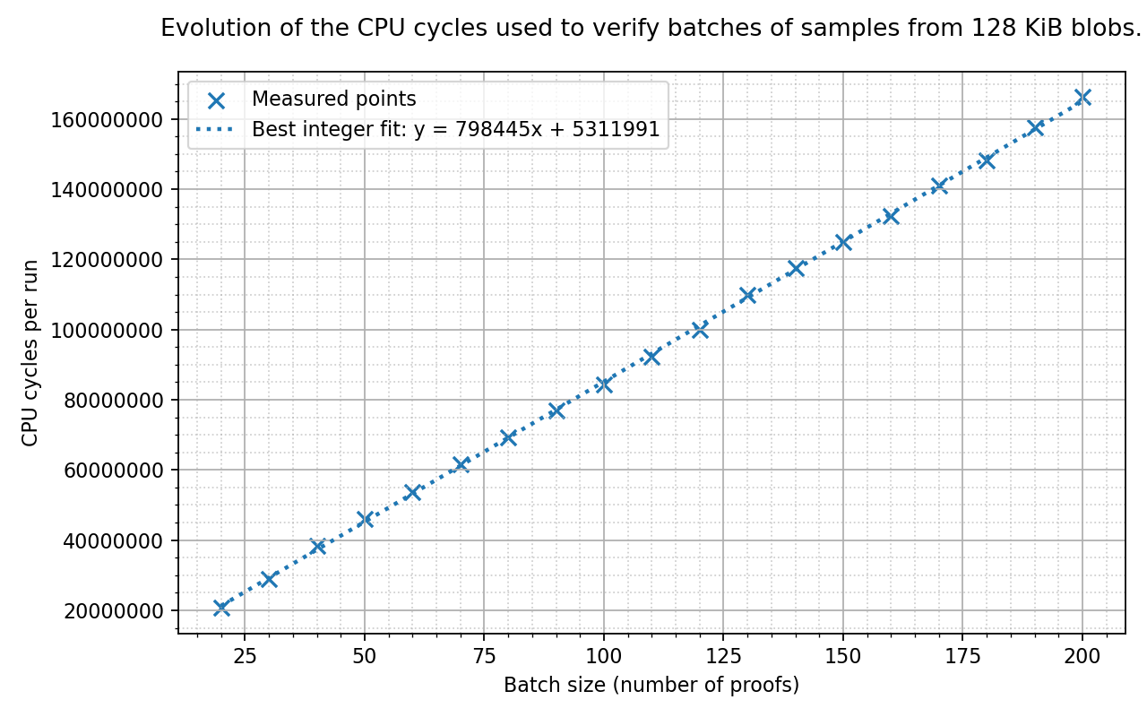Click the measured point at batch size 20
tap(221, 608)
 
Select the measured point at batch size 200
tap(1082, 97)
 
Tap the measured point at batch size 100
tap(604, 384)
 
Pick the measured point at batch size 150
tap(843, 242)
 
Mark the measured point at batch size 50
tap(365, 519)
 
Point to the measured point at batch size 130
tap(747, 295)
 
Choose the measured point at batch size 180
tap(987, 160)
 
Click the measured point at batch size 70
tap(461, 464)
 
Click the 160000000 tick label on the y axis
tap(107, 120)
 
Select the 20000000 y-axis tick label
tap(113, 611)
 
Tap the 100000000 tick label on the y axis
tap(107, 331)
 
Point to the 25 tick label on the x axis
tap(245, 656)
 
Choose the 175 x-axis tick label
tap(962, 656)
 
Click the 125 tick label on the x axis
tap(723, 656)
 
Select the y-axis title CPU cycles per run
tap(30, 353)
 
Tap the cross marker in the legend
tap(217, 101)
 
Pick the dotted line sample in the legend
tap(215, 129)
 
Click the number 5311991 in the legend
tap(616, 129)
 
